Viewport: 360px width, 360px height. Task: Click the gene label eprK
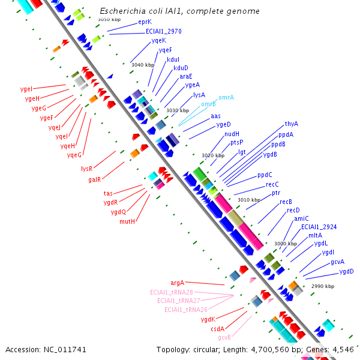[145, 22]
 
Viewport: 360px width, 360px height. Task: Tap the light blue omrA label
[226, 97]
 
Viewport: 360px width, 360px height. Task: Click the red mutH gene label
[127, 221]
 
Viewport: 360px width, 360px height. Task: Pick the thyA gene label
[292, 124]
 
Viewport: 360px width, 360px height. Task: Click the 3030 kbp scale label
[178, 110]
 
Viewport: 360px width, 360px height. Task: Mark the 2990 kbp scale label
[323, 286]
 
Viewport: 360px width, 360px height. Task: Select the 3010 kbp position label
[249, 200]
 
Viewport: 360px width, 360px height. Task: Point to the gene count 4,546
[344, 349]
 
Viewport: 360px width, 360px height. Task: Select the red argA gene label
[177, 283]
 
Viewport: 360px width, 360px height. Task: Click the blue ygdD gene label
[346, 271]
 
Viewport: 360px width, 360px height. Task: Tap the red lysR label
[87, 169]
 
